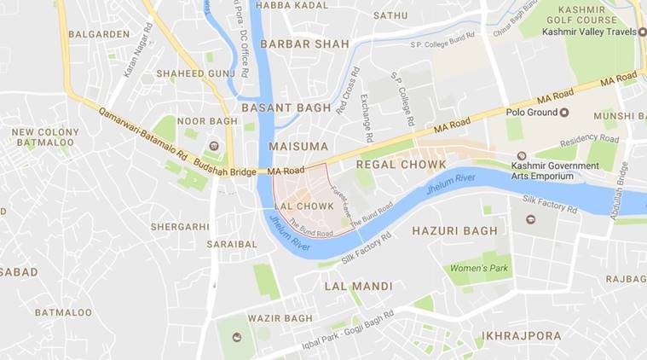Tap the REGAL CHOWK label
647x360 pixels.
[401, 164]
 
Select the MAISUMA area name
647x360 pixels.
[298, 147]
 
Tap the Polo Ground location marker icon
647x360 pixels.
[563, 112]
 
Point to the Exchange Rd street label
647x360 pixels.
[367, 118]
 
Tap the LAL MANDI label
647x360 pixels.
[358, 286]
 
